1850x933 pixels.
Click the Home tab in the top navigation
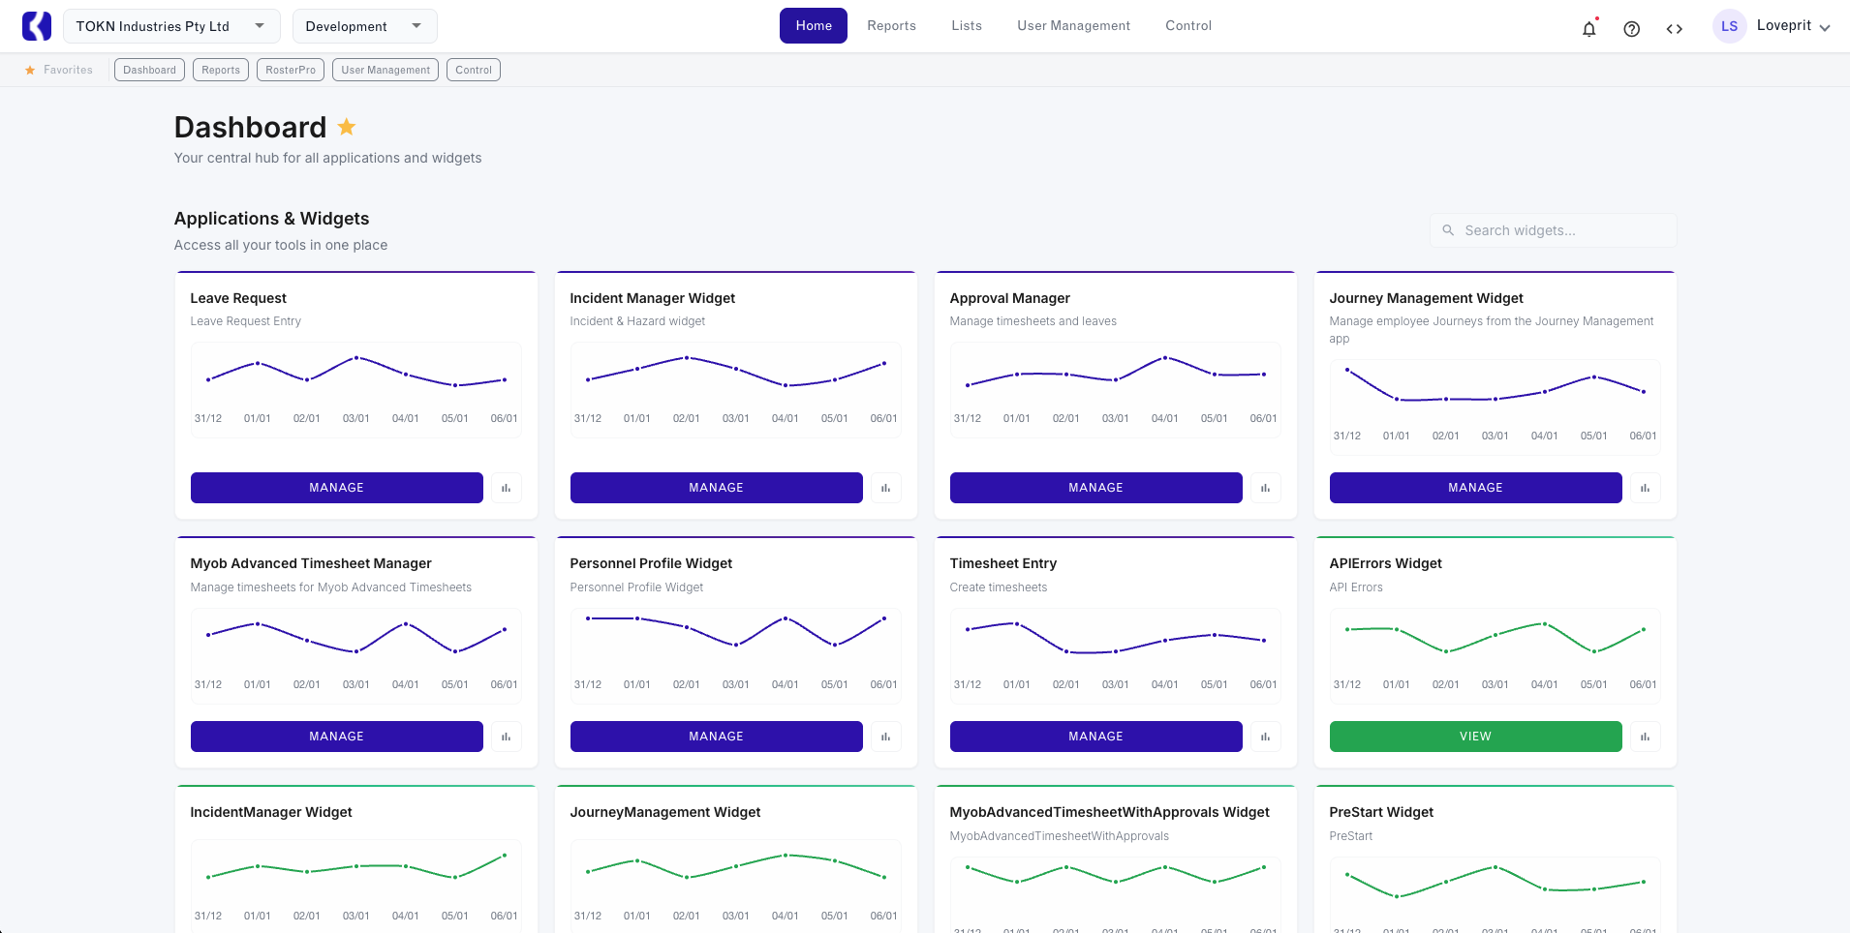click(x=813, y=26)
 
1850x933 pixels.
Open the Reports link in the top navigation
click(x=891, y=26)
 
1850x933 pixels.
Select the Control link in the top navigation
click(x=1187, y=26)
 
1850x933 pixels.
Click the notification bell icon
click(x=1588, y=29)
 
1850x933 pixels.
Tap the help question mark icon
click(x=1631, y=29)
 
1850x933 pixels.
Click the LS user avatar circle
click(x=1729, y=26)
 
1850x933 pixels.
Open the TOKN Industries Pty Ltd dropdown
click(x=171, y=26)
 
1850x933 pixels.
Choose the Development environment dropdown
click(x=364, y=26)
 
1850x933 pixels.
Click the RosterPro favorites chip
click(x=291, y=70)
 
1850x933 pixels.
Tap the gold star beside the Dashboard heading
click(x=347, y=127)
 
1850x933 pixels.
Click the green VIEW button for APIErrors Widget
click(x=1475, y=737)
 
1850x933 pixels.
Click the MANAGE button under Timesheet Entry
click(x=1095, y=737)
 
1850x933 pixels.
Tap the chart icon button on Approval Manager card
click(x=1265, y=488)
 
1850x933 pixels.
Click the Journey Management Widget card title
click(x=1426, y=298)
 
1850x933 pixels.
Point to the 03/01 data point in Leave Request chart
click(x=356, y=358)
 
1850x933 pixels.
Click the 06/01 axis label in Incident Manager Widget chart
click(x=883, y=419)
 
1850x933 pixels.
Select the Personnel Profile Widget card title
click(x=651, y=563)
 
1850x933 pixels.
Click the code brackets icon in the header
click(x=1674, y=29)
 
